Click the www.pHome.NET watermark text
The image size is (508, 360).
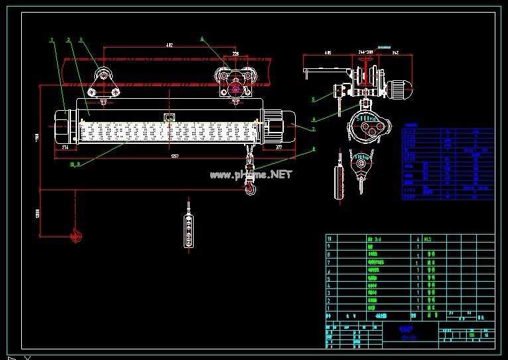pos(251,174)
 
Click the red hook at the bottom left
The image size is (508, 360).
pos(75,235)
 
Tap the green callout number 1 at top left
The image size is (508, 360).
pos(52,40)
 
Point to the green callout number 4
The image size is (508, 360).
pos(202,39)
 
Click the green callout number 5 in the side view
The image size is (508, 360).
pos(312,99)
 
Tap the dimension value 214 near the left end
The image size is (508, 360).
pos(66,149)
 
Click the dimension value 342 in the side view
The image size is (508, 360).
pos(395,51)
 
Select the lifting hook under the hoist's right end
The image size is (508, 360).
pos(251,189)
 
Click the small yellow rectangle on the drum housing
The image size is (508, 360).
pos(169,117)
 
